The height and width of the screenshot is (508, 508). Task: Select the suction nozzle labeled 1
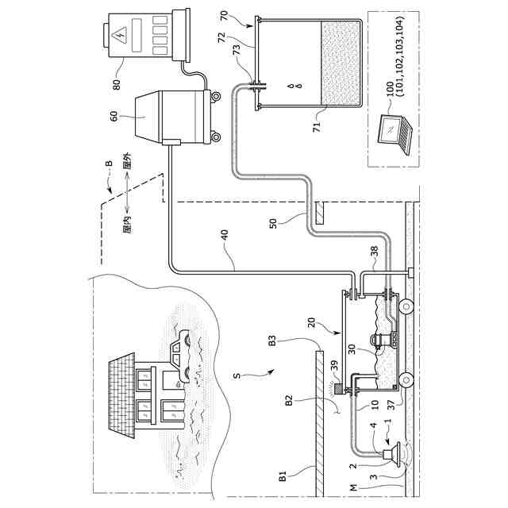391,455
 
